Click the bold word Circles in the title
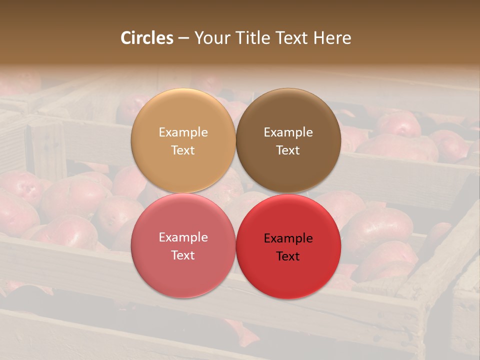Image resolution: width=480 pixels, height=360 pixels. [146, 38]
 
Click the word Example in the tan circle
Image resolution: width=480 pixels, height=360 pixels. [183, 132]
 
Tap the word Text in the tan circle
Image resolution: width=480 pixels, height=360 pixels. [183, 150]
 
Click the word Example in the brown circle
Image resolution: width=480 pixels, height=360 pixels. [288, 132]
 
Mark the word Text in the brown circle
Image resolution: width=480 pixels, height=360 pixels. [288, 150]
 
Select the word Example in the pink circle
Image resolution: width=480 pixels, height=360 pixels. [183, 237]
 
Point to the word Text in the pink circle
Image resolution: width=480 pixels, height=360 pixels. [183, 255]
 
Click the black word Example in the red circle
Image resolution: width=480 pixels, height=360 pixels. [288, 238]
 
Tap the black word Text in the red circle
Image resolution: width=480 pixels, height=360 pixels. [288, 256]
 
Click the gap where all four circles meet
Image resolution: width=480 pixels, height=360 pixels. [235, 193]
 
